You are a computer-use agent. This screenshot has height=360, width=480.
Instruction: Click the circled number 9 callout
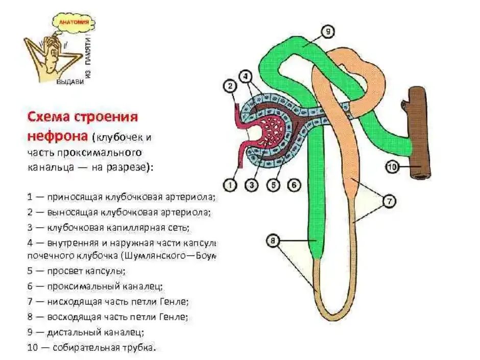(328, 32)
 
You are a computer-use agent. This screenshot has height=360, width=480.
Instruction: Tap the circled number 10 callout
(391, 166)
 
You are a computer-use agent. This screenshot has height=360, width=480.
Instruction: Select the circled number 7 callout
(389, 202)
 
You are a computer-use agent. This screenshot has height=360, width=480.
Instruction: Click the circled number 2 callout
(231, 86)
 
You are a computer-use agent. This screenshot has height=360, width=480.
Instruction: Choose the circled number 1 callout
(231, 186)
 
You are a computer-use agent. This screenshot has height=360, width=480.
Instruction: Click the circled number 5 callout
(274, 186)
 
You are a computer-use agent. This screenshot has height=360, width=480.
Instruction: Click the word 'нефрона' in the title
(57, 136)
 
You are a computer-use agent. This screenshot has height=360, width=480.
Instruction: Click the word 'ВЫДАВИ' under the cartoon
(69, 82)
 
